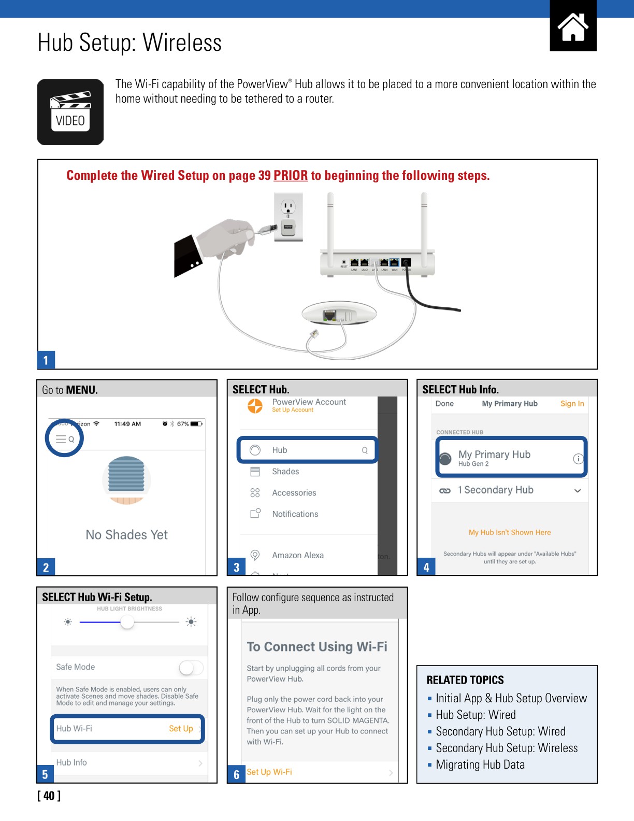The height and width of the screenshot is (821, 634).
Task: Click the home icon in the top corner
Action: tap(573, 26)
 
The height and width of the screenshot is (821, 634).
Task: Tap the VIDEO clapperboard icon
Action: tap(70, 112)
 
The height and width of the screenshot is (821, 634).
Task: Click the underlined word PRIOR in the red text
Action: tap(291, 176)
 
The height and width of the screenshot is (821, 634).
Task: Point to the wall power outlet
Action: tap(288, 217)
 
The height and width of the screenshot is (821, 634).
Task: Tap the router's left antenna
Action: tap(330, 223)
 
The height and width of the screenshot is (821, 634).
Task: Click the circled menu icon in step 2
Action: tap(65, 438)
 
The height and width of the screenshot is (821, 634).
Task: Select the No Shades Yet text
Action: tap(127, 535)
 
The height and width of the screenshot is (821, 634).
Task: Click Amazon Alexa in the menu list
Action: tap(298, 555)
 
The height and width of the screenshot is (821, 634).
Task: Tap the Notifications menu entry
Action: tap(295, 514)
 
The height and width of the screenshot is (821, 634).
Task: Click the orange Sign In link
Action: tap(572, 404)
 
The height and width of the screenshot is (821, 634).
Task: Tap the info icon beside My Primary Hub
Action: tap(578, 459)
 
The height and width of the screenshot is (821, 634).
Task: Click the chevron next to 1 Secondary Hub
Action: tap(578, 491)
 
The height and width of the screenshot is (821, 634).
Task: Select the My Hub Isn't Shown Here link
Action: tap(510, 532)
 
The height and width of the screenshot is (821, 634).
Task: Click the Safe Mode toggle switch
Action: tap(191, 668)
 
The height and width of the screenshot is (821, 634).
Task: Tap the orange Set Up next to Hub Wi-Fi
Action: tap(181, 729)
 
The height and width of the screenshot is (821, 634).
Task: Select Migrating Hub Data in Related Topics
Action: tap(480, 765)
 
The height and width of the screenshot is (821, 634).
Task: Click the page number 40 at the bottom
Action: tap(49, 796)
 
